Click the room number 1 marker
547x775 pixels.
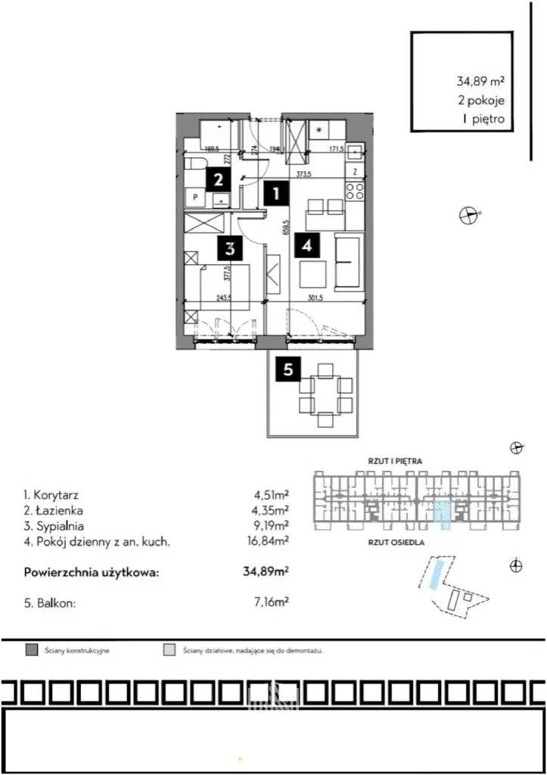[x=277, y=194]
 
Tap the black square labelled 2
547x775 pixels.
[x=217, y=180]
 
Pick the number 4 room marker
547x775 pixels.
[x=307, y=245]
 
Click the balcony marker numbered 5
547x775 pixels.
[x=287, y=370]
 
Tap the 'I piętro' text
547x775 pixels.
[x=482, y=119]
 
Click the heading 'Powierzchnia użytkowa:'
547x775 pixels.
[x=92, y=572]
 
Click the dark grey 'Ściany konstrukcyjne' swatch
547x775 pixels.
[x=31, y=650]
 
